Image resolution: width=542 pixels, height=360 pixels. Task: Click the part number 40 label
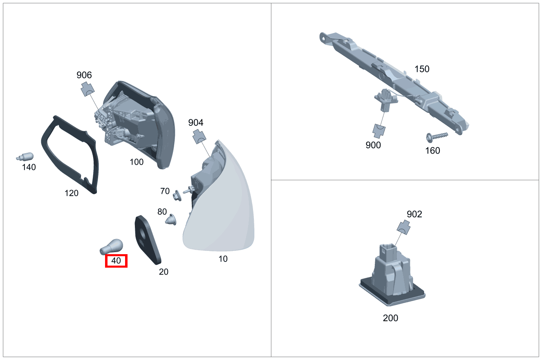click(x=116, y=261)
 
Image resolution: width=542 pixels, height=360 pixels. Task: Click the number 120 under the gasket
click(x=72, y=193)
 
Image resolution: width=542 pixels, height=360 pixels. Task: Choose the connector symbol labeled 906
click(x=87, y=89)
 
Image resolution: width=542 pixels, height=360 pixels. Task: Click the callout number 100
click(x=137, y=162)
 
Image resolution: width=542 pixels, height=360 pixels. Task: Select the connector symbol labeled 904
click(x=199, y=136)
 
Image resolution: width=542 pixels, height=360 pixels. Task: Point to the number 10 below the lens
click(x=223, y=259)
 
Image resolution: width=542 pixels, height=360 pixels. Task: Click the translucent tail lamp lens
click(x=223, y=212)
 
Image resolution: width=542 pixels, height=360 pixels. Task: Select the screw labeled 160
click(x=436, y=136)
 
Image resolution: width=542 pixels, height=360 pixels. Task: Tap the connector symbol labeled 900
click(x=379, y=130)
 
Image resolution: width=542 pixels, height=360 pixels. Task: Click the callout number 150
click(x=422, y=69)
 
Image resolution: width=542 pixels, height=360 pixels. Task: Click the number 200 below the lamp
click(x=390, y=318)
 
